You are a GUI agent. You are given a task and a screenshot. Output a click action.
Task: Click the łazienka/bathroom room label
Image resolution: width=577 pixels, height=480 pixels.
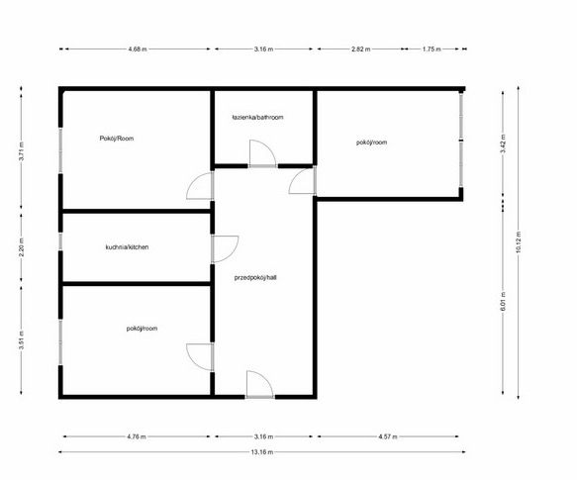tap(257, 118)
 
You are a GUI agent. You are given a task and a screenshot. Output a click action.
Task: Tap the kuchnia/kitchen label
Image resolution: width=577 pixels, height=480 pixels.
tap(127, 247)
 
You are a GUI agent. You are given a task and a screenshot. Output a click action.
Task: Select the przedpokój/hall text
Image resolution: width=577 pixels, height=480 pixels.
tap(255, 277)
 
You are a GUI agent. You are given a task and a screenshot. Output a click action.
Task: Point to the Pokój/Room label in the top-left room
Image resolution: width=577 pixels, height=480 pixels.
tap(116, 139)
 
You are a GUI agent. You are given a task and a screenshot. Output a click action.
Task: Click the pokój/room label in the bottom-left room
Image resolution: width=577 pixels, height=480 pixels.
tap(142, 329)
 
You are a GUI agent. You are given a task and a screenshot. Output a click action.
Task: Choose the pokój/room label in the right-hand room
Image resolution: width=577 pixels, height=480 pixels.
tap(371, 143)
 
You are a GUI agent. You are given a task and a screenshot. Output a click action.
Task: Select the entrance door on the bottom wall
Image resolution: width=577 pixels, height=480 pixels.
tap(259, 385)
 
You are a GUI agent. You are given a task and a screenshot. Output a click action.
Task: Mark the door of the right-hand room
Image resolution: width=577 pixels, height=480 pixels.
tap(302, 181)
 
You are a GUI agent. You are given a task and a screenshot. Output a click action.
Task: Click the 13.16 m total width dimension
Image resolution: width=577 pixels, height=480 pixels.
tap(262, 452)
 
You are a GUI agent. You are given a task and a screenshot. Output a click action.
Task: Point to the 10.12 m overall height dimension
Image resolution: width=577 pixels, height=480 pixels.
tap(519, 241)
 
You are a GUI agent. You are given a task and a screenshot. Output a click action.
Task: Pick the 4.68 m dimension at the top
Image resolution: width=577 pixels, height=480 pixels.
tap(138, 48)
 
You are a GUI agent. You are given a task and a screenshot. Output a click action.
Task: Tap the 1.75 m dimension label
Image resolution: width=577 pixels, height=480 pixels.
tap(432, 48)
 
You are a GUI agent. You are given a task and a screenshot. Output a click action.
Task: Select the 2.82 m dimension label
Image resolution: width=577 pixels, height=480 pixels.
tap(360, 48)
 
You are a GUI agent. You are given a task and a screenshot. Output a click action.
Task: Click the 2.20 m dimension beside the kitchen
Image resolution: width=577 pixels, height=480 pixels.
tap(22, 244)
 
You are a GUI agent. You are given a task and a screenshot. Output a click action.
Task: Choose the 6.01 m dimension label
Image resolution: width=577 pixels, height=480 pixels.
tap(503, 302)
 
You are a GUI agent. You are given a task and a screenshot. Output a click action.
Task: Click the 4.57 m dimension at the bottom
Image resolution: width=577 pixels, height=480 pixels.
tap(388, 436)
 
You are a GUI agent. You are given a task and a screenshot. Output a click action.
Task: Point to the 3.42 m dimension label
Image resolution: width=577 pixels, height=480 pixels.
tap(503, 144)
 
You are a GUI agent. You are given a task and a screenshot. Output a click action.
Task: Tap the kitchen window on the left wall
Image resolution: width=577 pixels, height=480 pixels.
tap(60, 241)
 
